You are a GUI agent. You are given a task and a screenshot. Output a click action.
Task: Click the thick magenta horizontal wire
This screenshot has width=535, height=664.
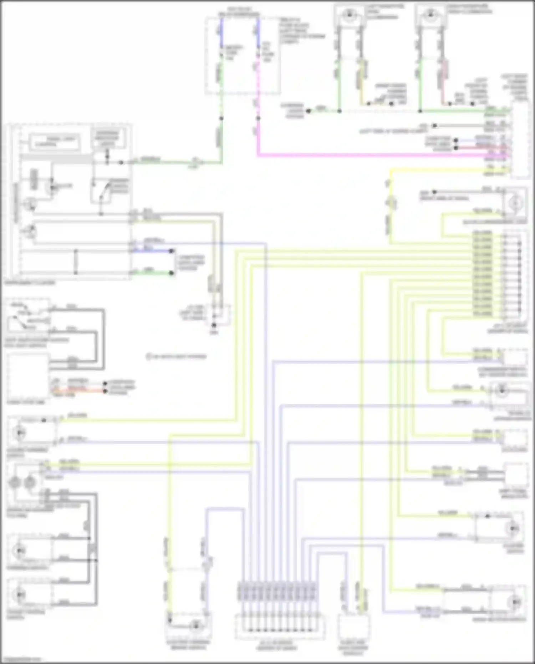pyautogui.click(x=357, y=155)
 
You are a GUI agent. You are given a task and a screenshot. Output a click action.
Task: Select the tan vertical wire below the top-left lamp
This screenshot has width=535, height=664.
pyautogui.click(x=362, y=82)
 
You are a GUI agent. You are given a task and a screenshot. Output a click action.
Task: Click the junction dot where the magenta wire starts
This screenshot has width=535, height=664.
pyautogui.click(x=258, y=118)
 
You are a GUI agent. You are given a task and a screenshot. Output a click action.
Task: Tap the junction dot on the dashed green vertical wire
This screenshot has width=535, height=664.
pyautogui.click(x=221, y=118)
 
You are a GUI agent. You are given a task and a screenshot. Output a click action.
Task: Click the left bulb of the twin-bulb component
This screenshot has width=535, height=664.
pyautogui.click(x=15, y=483)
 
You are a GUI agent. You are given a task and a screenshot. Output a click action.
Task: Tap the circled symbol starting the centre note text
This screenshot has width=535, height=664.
pyautogui.click(x=149, y=356)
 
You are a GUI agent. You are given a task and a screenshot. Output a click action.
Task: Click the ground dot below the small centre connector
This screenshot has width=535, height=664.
pyautogui.click(x=214, y=325)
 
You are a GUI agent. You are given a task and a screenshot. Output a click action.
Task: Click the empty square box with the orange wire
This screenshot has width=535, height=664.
pyautogui.click(x=27, y=376)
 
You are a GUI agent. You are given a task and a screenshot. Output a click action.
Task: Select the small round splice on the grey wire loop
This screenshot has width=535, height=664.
pyautogui.click(x=87, y=525)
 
